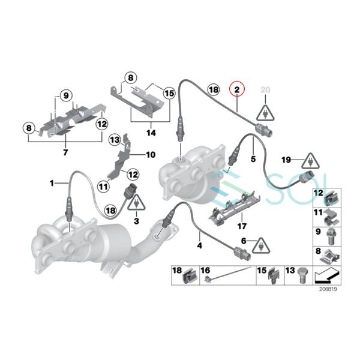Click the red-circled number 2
pos(237,90)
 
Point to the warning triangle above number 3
pos(137,202)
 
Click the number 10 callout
pos(150,154)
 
